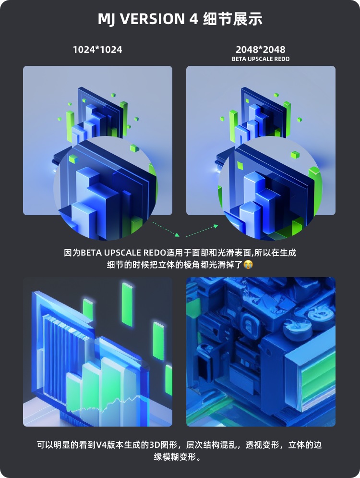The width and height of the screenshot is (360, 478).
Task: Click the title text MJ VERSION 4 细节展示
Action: (x=180, y=19)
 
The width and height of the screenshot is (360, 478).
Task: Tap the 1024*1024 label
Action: (x=97, y=49)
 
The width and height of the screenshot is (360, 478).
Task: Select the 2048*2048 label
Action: (x=261, y=49)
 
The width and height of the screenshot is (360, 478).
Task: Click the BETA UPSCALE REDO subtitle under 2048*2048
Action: (x=261, y=59)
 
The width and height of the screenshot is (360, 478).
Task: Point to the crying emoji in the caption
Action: (x=248, y=264)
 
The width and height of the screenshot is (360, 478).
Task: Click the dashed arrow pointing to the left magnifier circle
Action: (x=166, y=229)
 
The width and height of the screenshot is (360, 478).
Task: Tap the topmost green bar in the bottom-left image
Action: (x=127, y=298)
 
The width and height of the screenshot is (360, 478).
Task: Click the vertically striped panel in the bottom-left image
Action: (x=55, y=351)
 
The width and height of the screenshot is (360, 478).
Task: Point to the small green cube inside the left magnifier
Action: (x=73, y=159)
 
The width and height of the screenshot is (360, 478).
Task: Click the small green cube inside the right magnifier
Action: (x=295, y=155)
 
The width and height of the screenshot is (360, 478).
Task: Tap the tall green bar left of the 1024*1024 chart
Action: (x=70, y=125)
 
